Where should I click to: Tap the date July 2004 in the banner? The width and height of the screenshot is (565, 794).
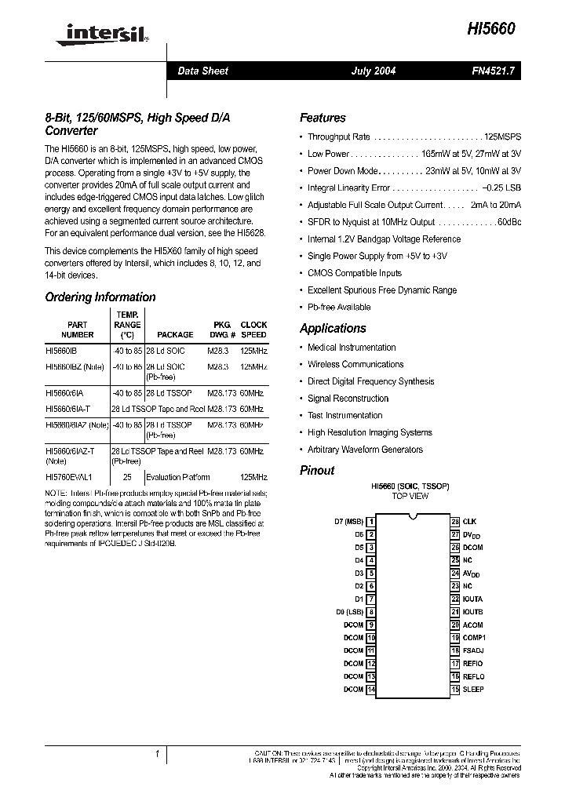(373, 71)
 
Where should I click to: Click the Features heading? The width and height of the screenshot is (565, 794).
(323, 118)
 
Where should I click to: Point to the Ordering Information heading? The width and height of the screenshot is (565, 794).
(100, 297)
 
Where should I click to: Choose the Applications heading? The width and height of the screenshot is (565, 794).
(333, 328)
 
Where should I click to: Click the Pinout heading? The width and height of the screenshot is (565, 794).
(317, 470)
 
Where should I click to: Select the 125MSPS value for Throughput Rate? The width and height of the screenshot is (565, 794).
(503, 137)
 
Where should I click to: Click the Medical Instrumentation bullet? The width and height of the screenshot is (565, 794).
(352, 347)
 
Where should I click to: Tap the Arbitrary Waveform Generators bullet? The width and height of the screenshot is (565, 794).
(365, 450)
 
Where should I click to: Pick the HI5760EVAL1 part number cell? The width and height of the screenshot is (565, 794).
(68, 477)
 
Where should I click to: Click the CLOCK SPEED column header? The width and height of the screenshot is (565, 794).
(253, 330)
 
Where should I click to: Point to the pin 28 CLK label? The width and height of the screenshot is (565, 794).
(469, 521)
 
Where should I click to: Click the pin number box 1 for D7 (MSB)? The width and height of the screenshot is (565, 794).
(370, 521)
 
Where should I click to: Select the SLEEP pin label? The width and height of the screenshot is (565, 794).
(473, 689)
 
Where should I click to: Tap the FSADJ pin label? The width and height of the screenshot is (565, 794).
(473, 650)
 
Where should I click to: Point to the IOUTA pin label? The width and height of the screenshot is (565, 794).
(472, 599)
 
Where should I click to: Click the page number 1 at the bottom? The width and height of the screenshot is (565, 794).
(158, 754)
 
